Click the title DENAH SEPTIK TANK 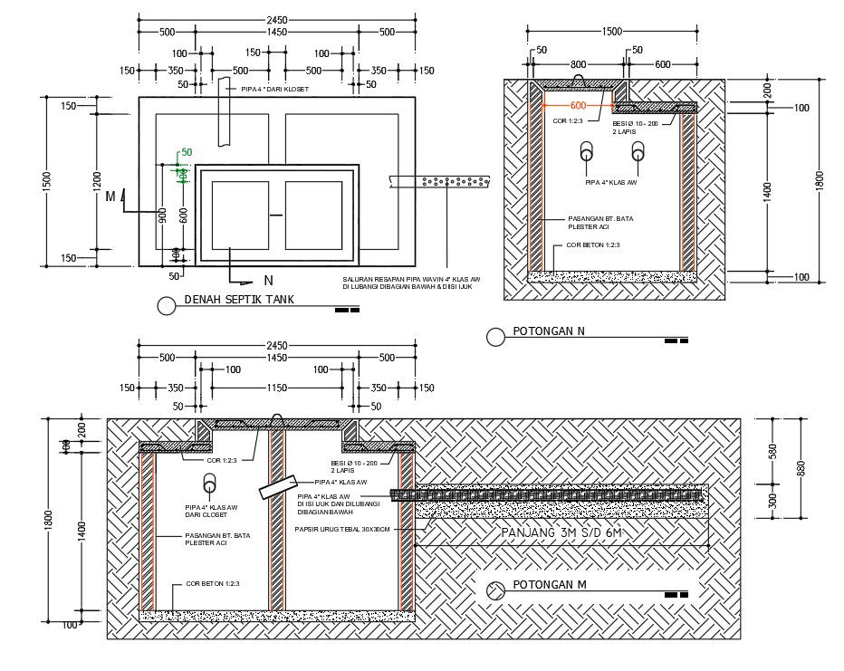239,300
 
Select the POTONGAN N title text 549,331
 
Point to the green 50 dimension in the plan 187,152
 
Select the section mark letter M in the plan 110,196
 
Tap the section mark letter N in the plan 268,280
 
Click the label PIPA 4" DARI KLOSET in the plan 273,90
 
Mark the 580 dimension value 772,449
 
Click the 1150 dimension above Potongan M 277,388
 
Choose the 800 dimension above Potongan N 579,64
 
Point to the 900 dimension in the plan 163,215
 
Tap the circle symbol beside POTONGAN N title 495,337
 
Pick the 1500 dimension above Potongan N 612,32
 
